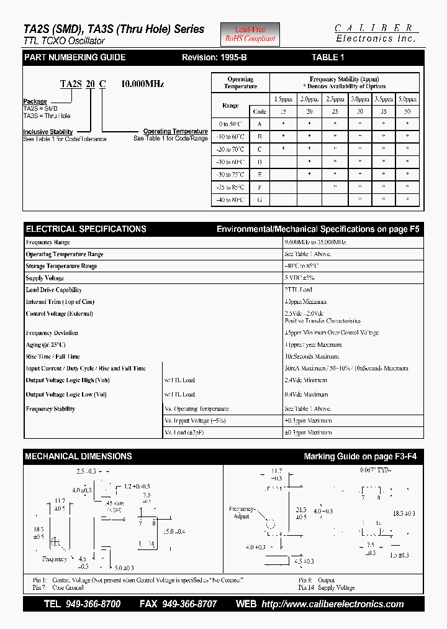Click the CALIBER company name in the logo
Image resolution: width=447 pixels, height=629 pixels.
pyautogui.click(x=374, y=28)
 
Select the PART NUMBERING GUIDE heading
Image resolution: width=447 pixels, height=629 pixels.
pyautogui.click(x=74, y=57)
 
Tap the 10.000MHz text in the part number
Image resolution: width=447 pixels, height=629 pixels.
pyautogui.click(x=143, y=84)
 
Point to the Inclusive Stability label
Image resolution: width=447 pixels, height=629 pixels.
pyautogui.click(x=48, y=132)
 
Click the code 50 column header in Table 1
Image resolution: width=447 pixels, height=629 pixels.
pyautogui.click(x=407, y=111)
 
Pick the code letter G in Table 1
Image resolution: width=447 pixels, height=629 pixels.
pyautogui.click(x=260, y=200)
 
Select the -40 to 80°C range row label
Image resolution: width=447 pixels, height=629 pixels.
pyautogui.click(x=230, y=200)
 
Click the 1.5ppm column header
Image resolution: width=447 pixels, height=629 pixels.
pyautogui.click(x=284, y=99)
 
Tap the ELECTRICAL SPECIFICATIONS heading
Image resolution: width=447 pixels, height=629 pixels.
pyautogui.click(x=86, y=229)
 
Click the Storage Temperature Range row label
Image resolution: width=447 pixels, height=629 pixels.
pyautogui.click(x=61, y=266)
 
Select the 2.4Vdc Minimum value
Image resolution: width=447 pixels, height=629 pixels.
pyautogui.click(x=305, y=380)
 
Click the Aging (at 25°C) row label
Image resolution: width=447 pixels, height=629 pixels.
pyautogui.click(x=45, y=344)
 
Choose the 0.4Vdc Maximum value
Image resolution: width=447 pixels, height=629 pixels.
pyautogui.click(x=306, y=394)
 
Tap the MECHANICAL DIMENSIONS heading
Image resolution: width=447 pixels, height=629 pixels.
pyautogui.click(x=78, y=456)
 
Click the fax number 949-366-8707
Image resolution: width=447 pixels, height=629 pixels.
pyautogui.click(x=189, y=604)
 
